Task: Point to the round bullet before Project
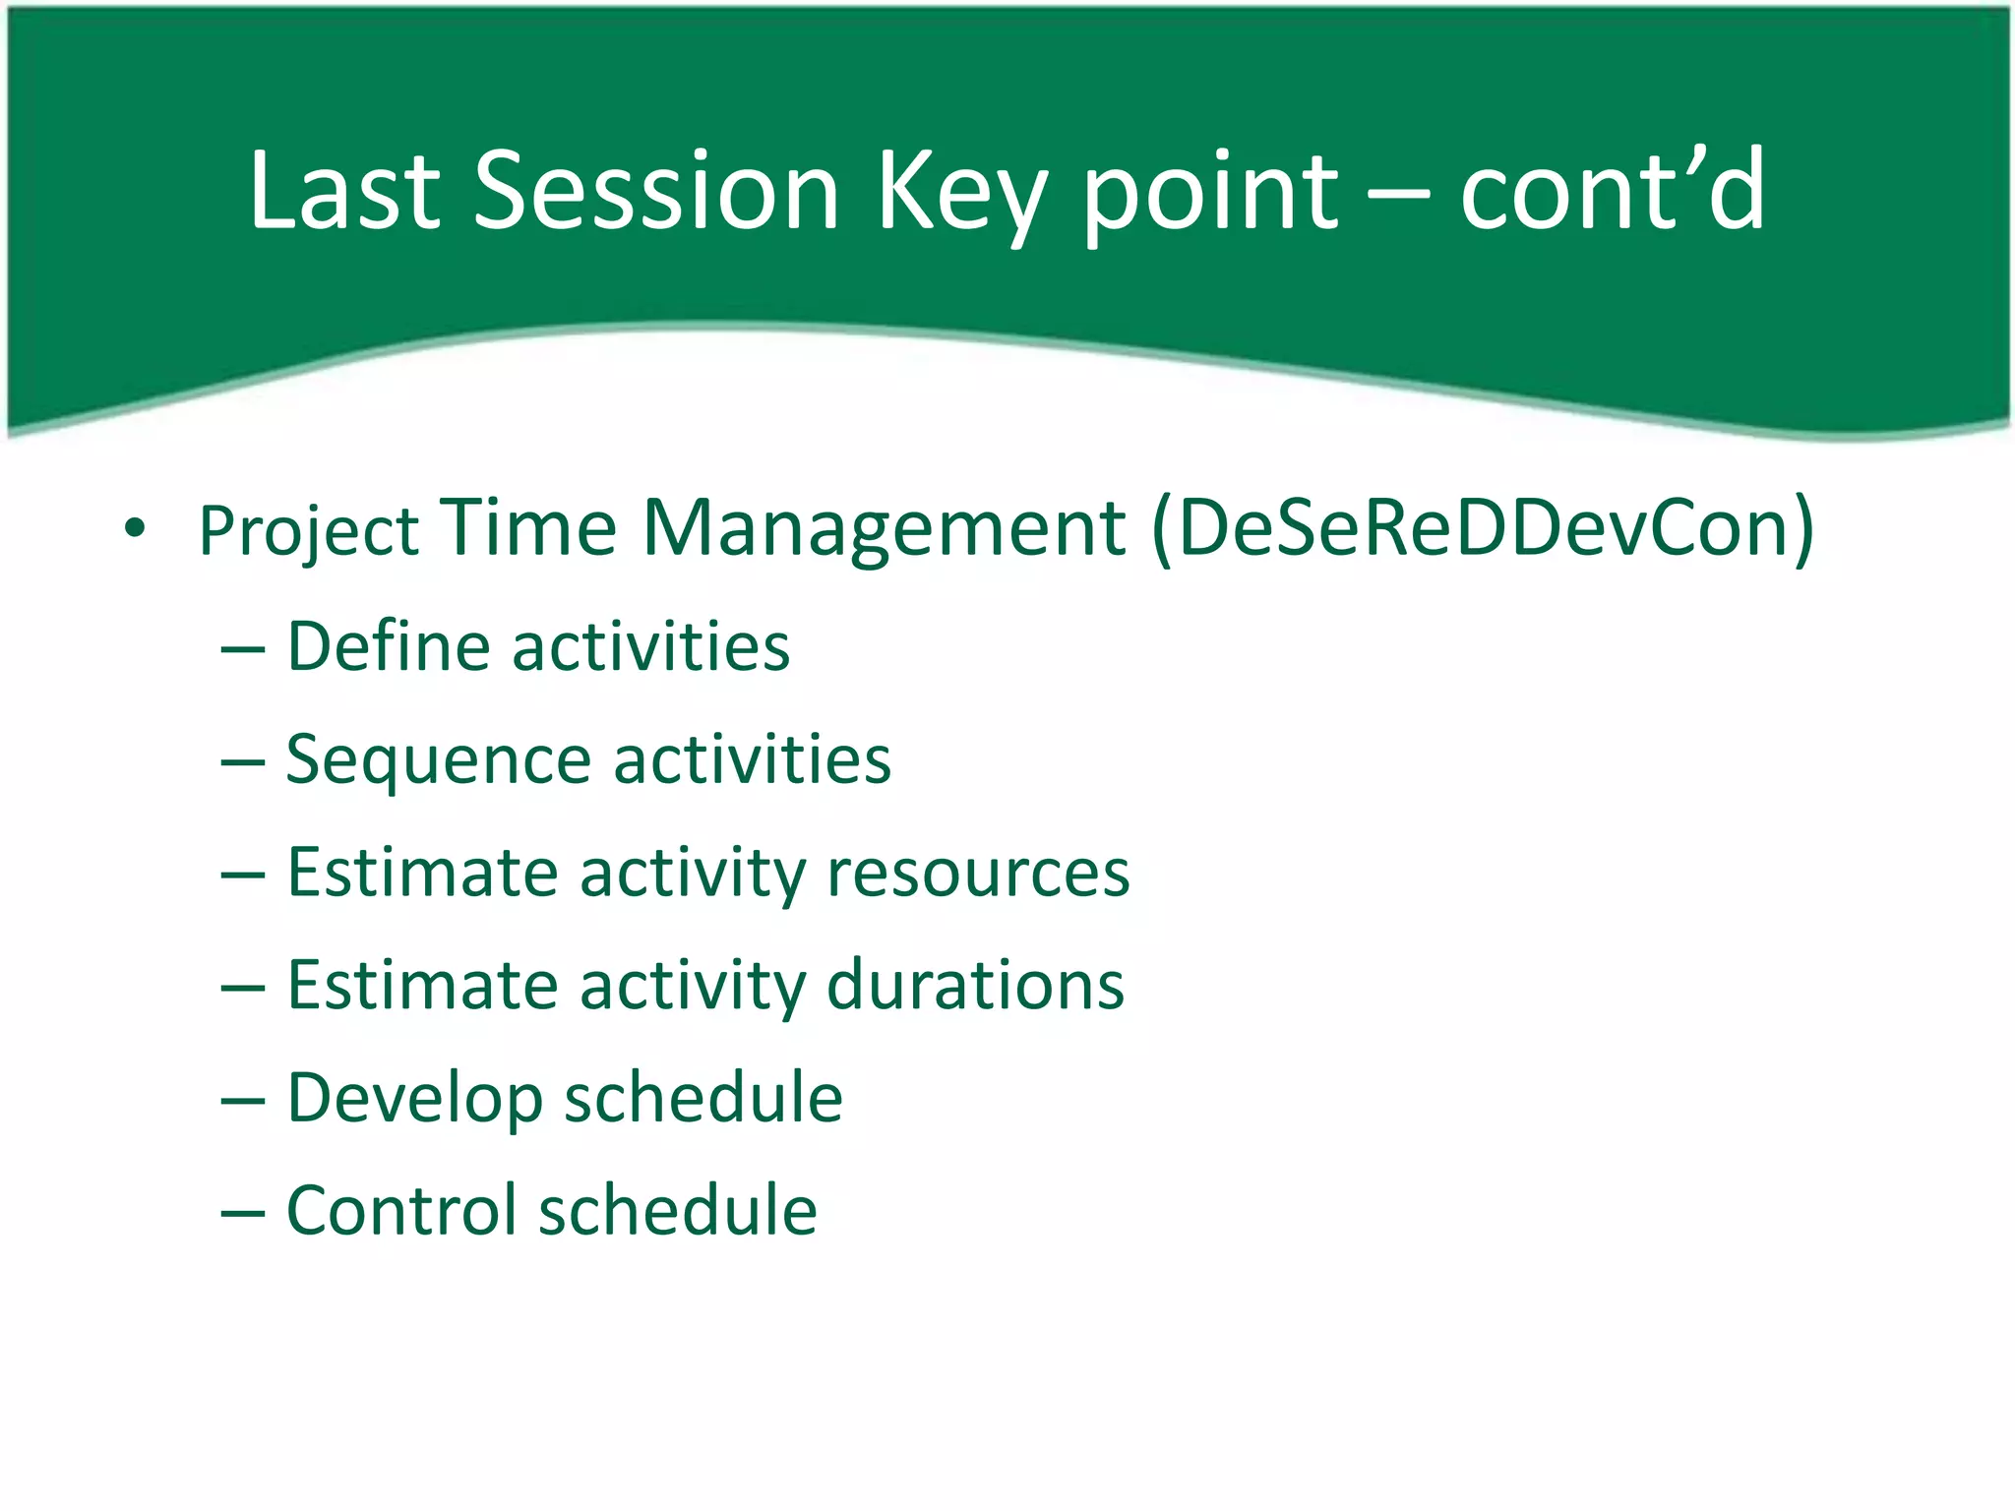[x=135, y=529]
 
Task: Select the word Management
[x=884, y=528]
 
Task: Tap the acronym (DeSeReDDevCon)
[x=1483, y=528]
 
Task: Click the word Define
[x=388, y=646]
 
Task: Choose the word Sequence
[x=438, y=760]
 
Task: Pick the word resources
[x=978, y=873]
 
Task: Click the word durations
[x=975, y=985]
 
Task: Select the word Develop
[x=414, y=1099]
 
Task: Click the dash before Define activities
[x=243, y=650]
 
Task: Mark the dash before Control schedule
[x=243, y=1214]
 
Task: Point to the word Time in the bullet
[x=528, y=528]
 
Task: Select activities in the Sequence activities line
[x=753, y=759]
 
